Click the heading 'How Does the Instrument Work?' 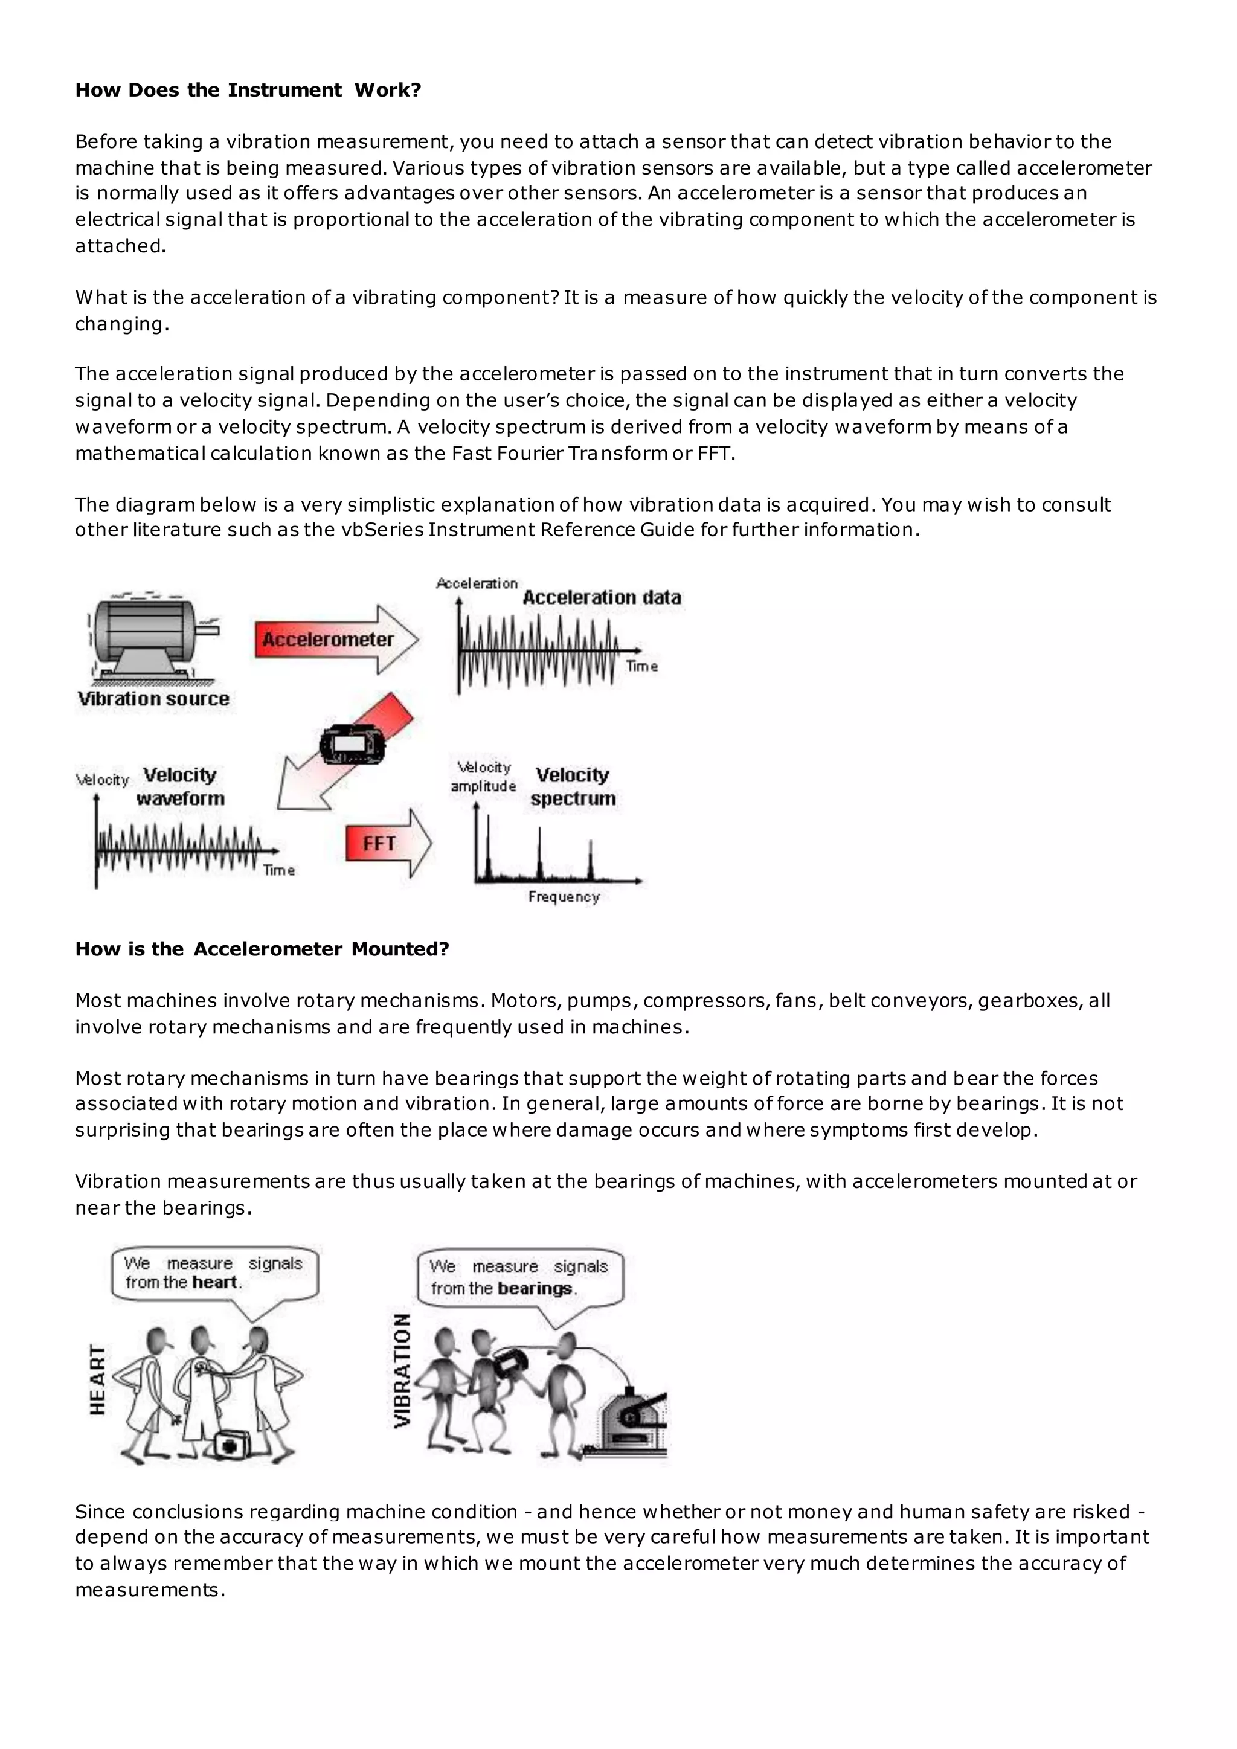248,91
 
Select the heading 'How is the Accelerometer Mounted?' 262,949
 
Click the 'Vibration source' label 153,699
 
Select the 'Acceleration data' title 602,598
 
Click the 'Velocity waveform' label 181,787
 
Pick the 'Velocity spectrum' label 573,787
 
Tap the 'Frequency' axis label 564,897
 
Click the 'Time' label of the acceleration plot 641,667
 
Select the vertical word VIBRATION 403,1371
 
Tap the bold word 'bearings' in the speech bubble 535,1289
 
